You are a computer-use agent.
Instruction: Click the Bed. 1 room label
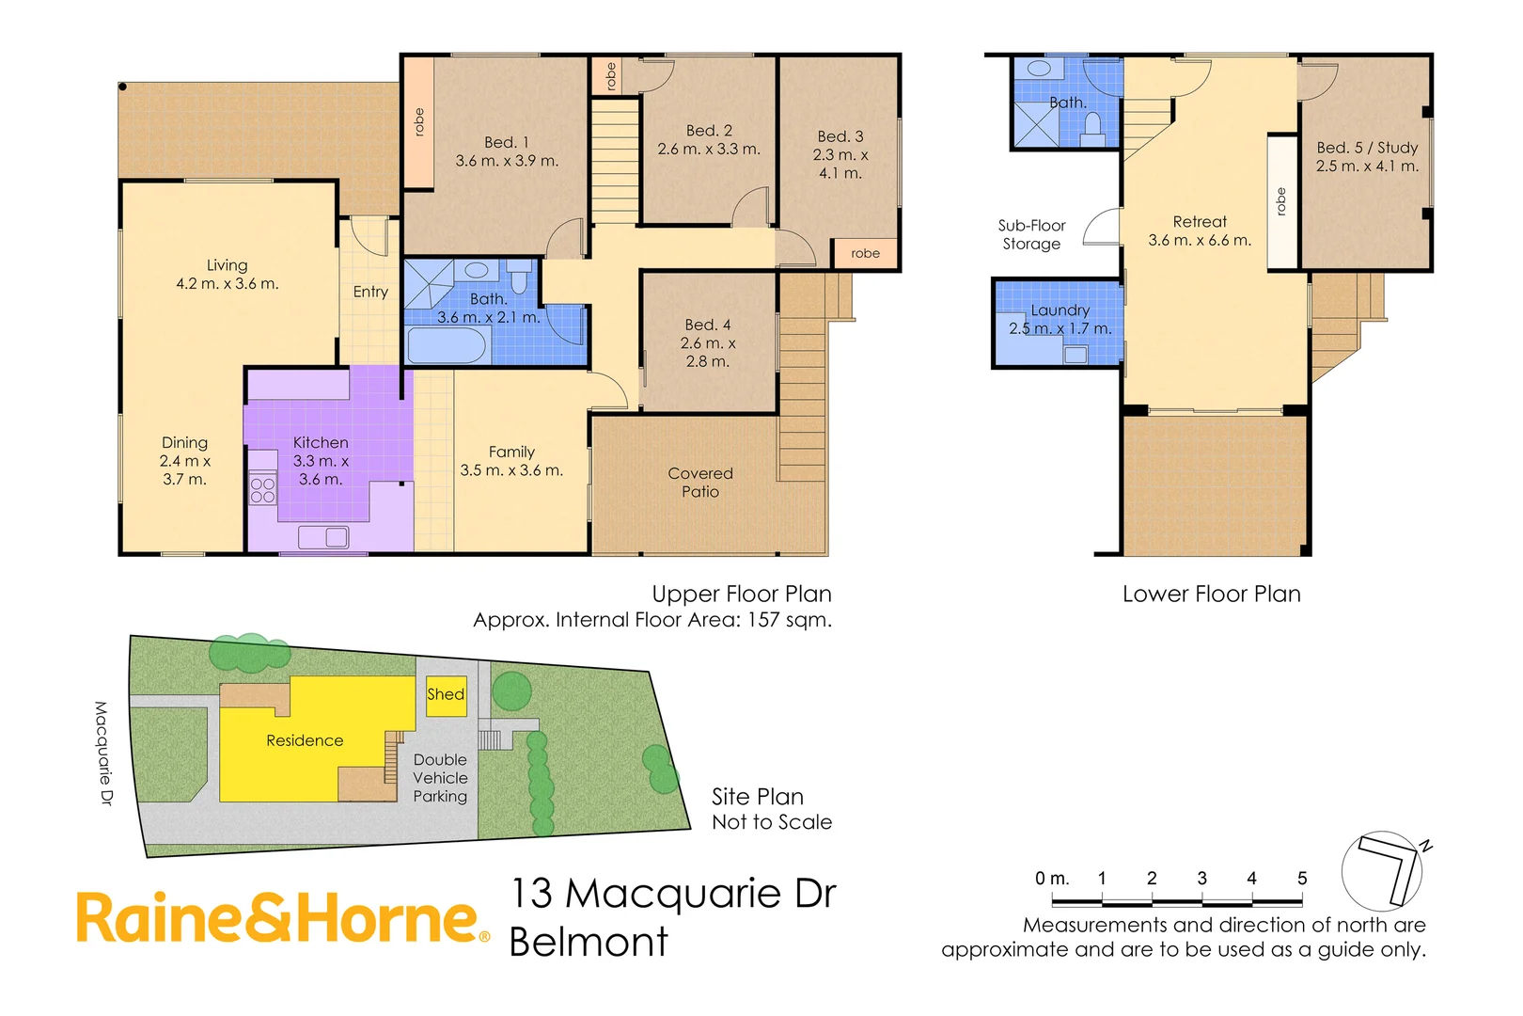507,143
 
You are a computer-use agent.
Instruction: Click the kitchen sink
323,537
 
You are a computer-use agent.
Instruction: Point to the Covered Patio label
700,483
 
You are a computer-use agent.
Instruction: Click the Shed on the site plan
446,695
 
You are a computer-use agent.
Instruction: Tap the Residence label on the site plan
305,741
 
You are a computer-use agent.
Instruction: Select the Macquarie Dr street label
102,753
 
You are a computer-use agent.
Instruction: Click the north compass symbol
1384,870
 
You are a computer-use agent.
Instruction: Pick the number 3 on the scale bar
1201,878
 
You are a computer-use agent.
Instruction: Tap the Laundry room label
1060,310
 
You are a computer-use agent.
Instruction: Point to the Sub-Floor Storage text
1031,235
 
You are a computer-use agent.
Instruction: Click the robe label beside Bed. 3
865,253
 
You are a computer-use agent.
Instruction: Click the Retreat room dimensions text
1200,241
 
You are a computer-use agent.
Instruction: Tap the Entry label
370,293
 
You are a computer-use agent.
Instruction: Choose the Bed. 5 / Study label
1367,148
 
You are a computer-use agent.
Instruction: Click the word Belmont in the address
589,943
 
